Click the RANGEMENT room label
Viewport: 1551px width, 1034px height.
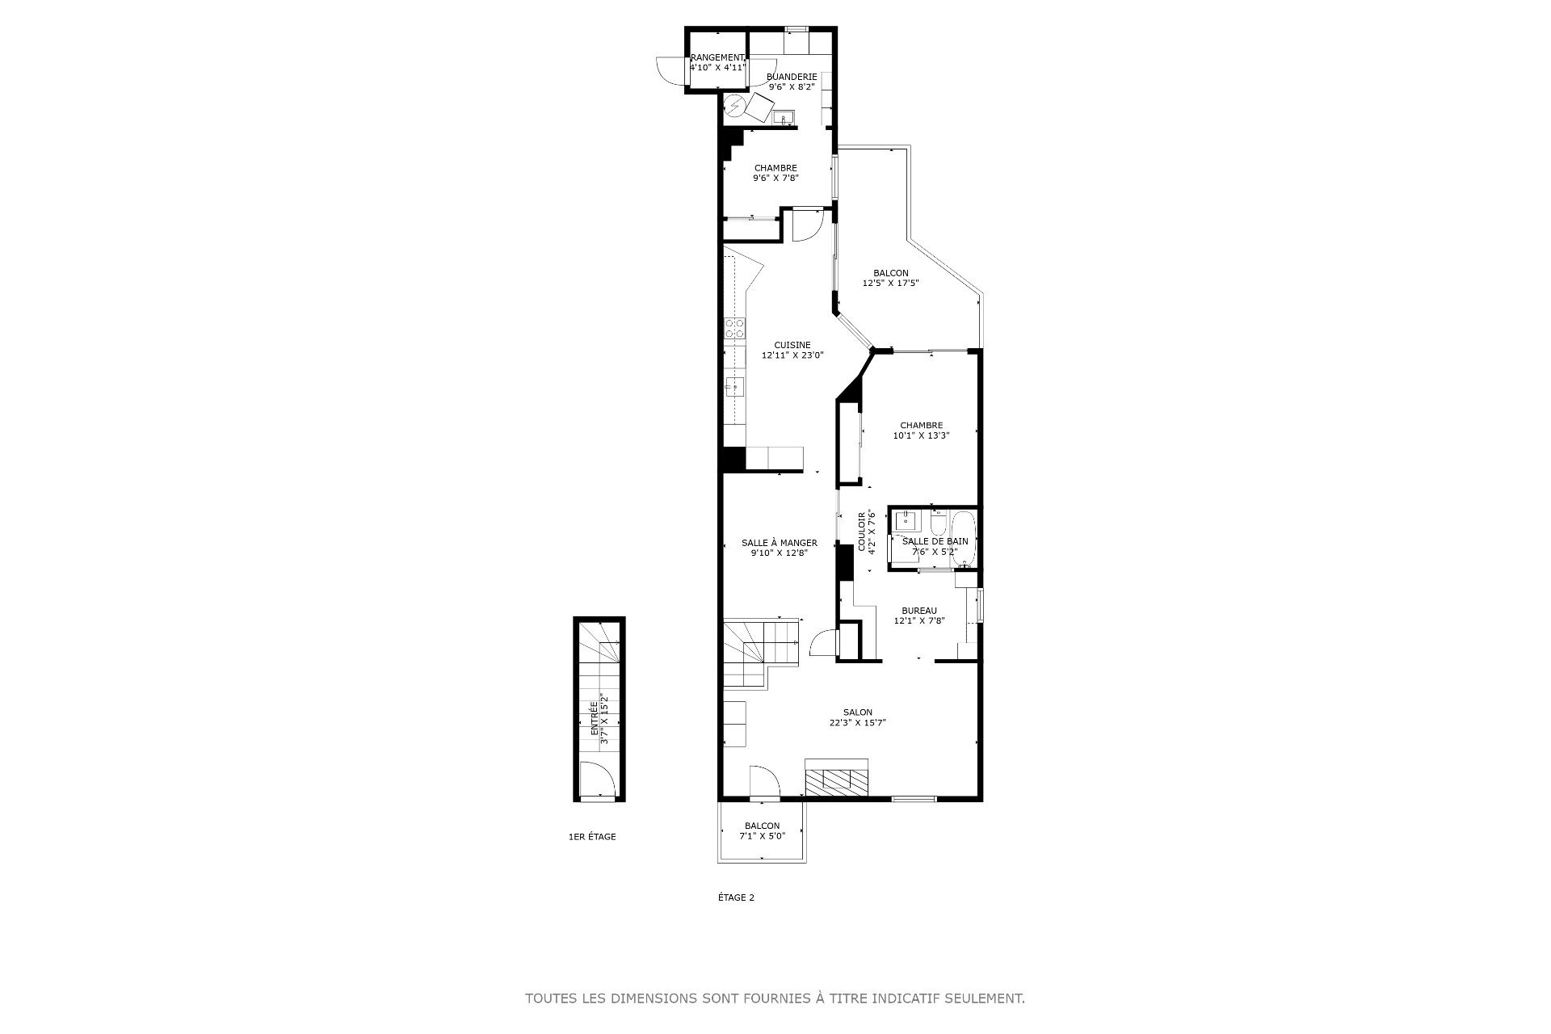click(x=717, y=57)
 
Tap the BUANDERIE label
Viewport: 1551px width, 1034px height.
click(x=792, y=77)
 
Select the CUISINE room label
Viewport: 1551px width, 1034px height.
click(x=792, y=345)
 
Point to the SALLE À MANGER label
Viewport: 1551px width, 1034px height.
click(x=780, y=543)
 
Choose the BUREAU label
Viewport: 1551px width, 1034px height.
click(x=919, y=611)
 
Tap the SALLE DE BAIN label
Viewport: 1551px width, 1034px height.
click(x=935, y=541)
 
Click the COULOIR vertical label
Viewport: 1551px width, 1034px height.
click(x=862, y=531)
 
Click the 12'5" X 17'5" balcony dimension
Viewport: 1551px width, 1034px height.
click(x=891, y=283)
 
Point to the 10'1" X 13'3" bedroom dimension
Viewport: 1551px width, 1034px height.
click(x=921, y=435)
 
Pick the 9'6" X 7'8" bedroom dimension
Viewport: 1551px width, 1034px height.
click(x=775, y=178)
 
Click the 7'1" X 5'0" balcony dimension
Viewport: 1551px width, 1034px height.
click(x=762, y=836)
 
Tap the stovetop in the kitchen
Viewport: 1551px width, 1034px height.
click(x=169, y=328)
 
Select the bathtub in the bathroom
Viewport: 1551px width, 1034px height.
click(x=965, y=539)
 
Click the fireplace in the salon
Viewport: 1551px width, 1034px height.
click(x=836, y=779)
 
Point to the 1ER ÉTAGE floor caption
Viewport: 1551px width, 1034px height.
click(x=592, y=837)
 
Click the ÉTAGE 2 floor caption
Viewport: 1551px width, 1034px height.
click(x=736, y=897)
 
